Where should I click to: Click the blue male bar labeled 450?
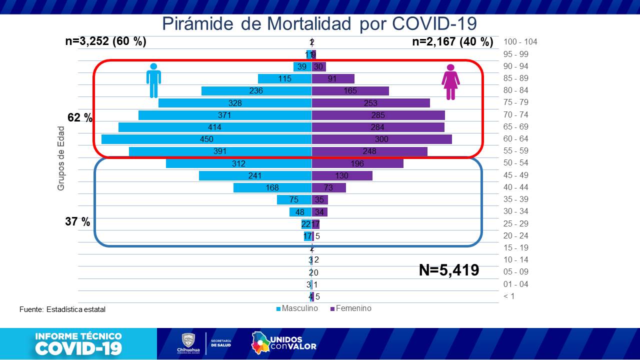pos(206,139)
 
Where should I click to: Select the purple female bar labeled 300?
pos(381,139)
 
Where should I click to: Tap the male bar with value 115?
pos(284,78)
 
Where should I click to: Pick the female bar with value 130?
pos(342,175)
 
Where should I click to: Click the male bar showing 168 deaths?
pos(272,187)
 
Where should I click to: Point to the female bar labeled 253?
pos(370,102)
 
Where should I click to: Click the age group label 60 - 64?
pos(516,139)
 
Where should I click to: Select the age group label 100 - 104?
pos(520,42)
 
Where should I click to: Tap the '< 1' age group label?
pos(508,296)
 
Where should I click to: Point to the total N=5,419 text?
pos(448,270)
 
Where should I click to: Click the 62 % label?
pos(80,118)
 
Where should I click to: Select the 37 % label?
pos(77,221)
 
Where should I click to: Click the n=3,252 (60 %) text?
pos(105,41)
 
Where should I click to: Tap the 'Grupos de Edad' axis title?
pos(61,158)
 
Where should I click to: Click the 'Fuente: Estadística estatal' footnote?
pos(62,309)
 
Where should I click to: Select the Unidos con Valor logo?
pos(284,342)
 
